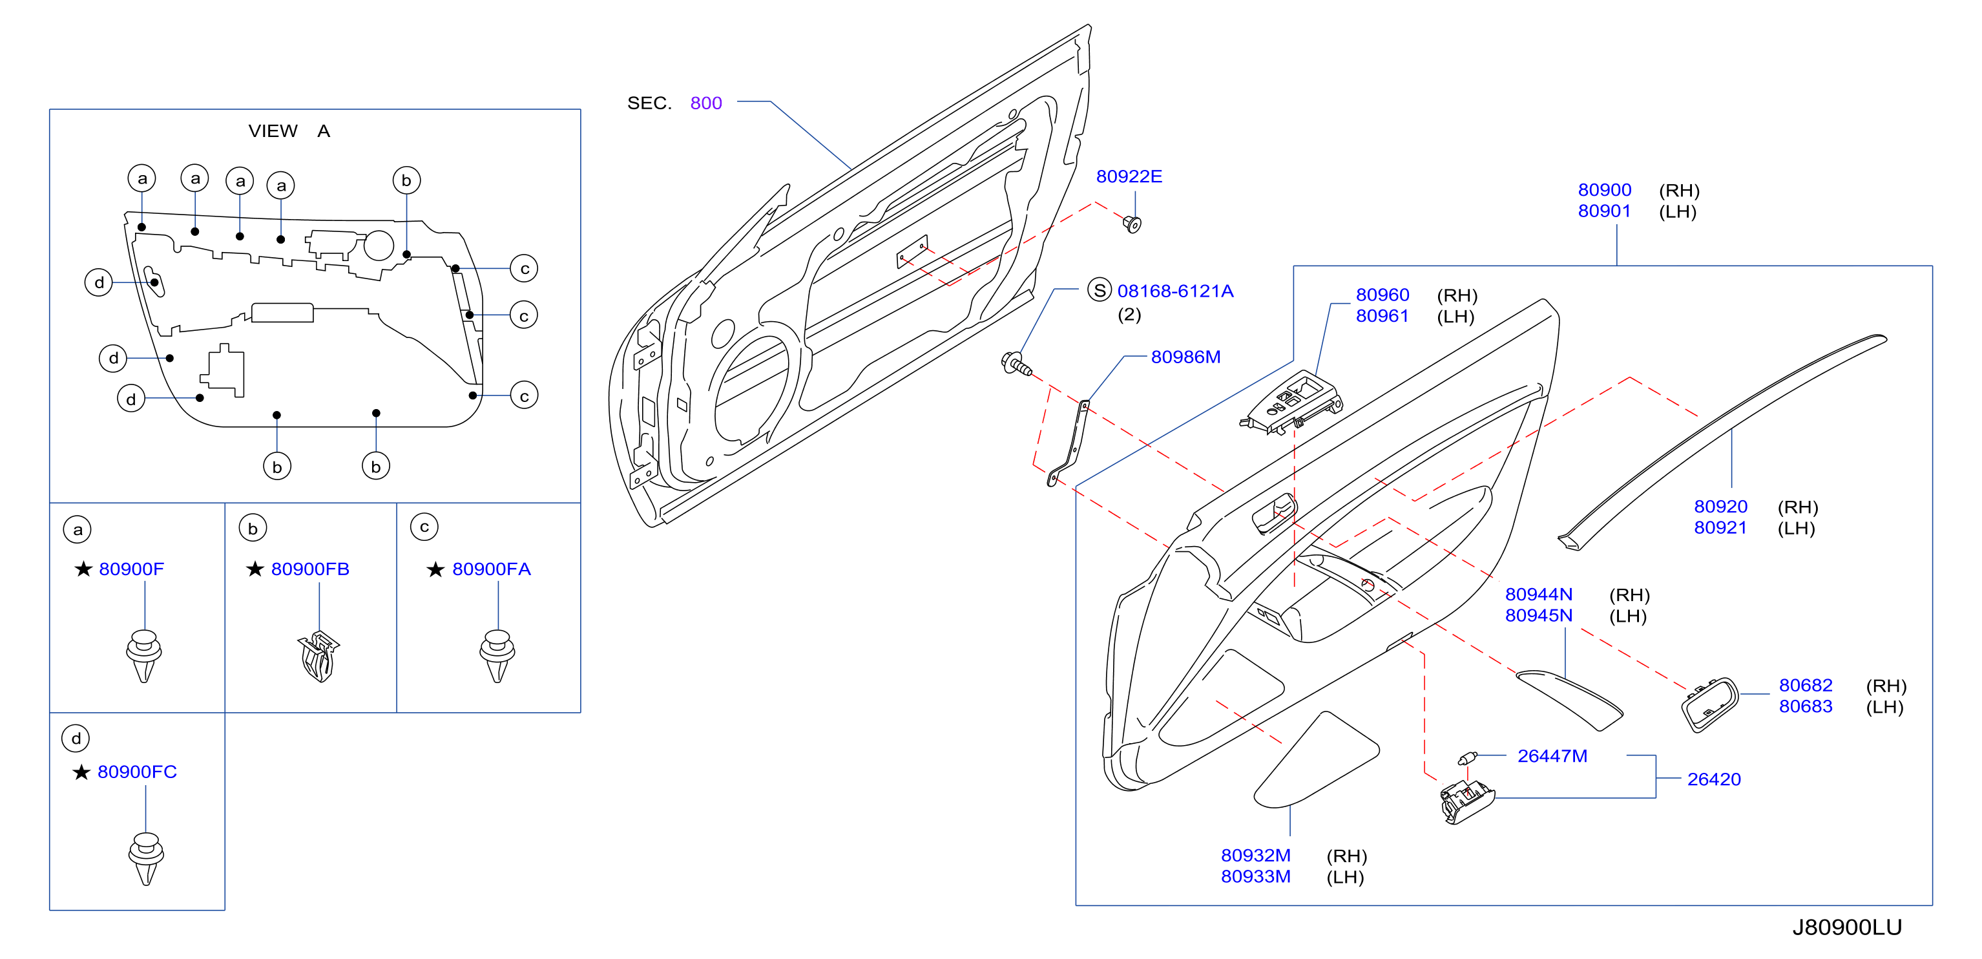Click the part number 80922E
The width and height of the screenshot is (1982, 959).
tap(1129, 176)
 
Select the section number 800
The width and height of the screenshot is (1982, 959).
tap(705, 103)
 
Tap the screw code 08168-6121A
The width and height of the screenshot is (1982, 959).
tap(1175, 291)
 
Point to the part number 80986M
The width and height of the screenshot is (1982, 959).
tap(1185, 357)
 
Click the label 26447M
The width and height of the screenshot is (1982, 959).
tap(1552, 756)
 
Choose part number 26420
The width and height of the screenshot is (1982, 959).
tap(1713, 779)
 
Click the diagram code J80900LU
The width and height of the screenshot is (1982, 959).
tap(1846, 927)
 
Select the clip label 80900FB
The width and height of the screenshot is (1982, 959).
tap(310, 569)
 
